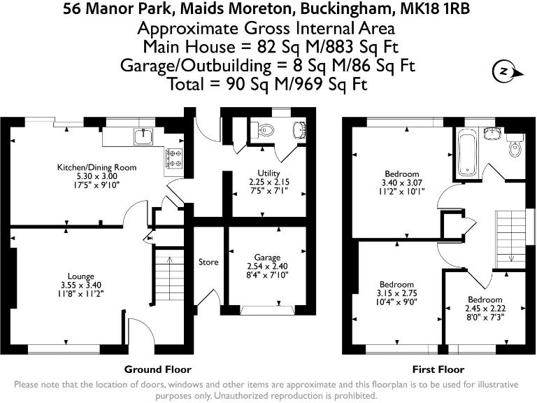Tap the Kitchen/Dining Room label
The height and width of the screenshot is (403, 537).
(96, 167)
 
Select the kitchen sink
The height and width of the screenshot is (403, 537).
(143, 136)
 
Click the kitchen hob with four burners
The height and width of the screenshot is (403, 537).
(173, 159)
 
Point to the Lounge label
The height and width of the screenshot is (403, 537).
(80, 276)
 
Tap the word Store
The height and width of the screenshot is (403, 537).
(208, 262)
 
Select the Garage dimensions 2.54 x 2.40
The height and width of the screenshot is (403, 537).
(267, 267)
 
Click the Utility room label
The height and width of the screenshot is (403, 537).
(268, 173)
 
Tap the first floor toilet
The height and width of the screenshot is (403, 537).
(515, 148)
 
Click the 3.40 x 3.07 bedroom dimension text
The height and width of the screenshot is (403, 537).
(402, 183)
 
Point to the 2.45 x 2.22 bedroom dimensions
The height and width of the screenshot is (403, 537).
(485, 309)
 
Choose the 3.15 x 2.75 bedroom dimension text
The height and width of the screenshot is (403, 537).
(396, 294)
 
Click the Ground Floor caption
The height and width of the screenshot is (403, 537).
(157, 369)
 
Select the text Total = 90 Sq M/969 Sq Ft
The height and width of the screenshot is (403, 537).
(268, 84)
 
